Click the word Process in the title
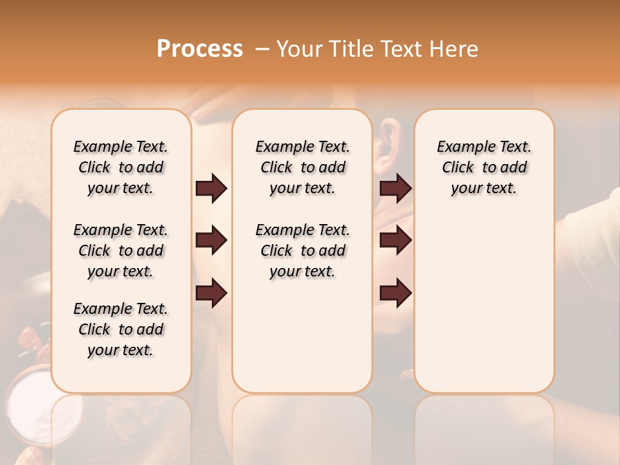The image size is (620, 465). coord(200,48)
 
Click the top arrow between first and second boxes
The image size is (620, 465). coord(211,189)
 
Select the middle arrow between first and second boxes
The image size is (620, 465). coord(211,241)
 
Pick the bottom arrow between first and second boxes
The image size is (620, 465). coord(211,293)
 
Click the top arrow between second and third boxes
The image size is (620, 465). coord(395,189)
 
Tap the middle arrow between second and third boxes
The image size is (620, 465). coord(395,241)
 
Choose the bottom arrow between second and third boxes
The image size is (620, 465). coord(395,293)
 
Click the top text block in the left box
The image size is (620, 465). coord(121,167)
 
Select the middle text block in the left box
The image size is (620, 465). coord(121,251)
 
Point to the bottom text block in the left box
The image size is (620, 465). coord(121,329)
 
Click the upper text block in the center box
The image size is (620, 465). coord(302,167)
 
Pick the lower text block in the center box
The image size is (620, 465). coord(302,251)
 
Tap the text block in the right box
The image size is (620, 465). coord(484,167)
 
